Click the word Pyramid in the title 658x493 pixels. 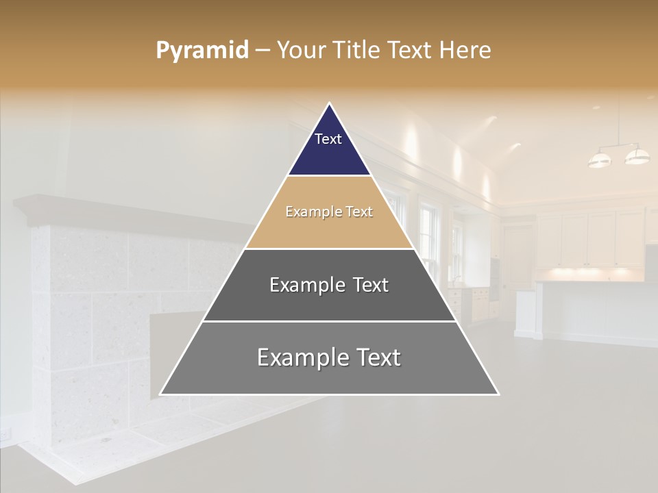click(x=202, y=51)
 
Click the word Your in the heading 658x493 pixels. click(x=299, y=51)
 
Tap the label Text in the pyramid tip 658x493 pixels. click(x=328, y=139)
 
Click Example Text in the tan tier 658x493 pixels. click(x=329, y=212)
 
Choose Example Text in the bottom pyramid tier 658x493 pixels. click(x=329, y=357)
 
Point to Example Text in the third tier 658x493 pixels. click(x=329, y=285)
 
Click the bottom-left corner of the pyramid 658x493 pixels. click(x=161, y=394)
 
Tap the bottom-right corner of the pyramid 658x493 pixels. click(x=498, y=394)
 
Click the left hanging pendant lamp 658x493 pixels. click(x=600, y=160)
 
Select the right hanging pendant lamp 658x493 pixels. click(x=637, y=156)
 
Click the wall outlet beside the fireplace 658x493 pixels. click(x=6, y=434)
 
